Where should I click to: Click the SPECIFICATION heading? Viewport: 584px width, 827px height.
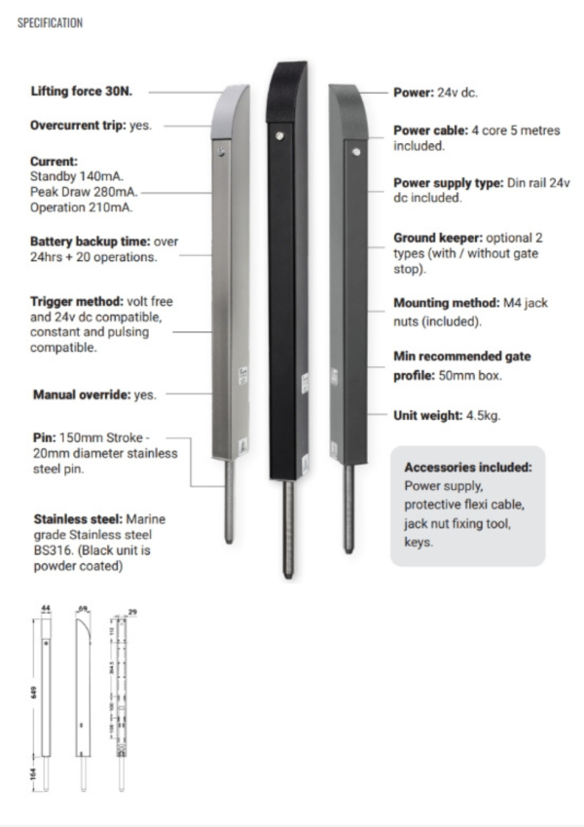pos(49,21)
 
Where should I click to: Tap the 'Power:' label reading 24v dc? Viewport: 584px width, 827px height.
pos(414,94)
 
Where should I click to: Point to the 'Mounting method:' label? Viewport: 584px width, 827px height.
pos(444,303)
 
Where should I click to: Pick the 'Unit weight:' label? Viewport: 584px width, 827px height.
pos(428,414)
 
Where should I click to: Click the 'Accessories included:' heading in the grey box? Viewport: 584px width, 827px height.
pos(467,467)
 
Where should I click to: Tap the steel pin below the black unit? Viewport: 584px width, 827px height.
pos(288,532)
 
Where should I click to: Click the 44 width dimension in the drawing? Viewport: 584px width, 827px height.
pos(45,606)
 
